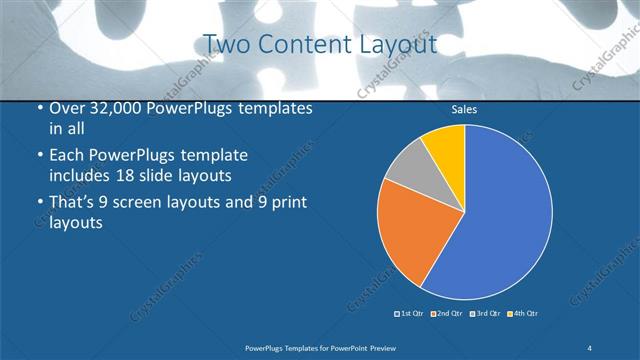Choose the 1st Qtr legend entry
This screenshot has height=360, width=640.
[410, 314]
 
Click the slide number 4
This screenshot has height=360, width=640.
[590, 347]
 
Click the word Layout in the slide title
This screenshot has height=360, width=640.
[397, 44]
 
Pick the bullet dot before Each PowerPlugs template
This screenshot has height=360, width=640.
[38, 157]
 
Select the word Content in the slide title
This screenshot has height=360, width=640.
[301, 44]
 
